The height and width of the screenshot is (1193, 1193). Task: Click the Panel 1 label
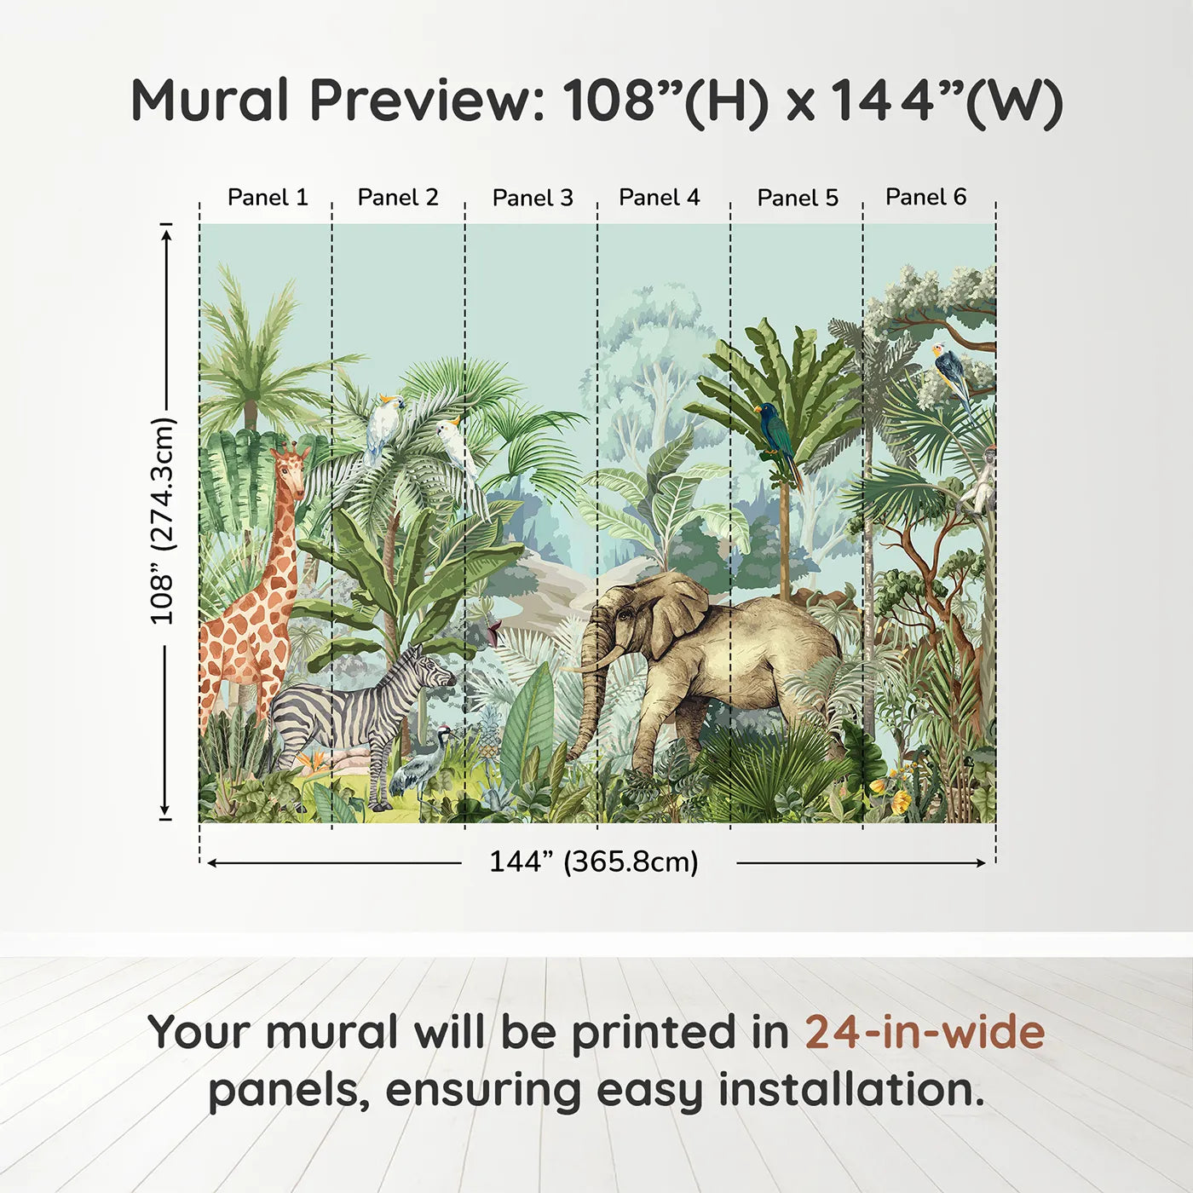point(268,197)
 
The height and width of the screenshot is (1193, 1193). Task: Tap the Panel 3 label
point(533,198)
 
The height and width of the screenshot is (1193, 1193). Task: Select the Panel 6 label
point(925,196)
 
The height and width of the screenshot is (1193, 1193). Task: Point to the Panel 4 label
point(660,197)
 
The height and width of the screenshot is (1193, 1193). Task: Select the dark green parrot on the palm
point(779,441)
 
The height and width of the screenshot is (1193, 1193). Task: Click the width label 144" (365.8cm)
point(594,862)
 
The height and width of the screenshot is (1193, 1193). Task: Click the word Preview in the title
point(427,101)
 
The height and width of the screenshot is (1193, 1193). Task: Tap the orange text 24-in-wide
point(925,1031)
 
